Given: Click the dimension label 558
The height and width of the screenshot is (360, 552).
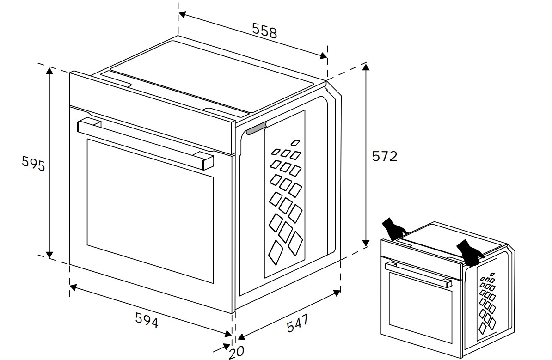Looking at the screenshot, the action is [264, 31].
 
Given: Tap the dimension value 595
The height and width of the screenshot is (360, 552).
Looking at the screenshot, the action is [33, 164].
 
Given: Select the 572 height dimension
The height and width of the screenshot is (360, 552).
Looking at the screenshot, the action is [385, 156].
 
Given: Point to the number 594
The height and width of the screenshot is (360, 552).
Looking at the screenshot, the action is [147, 320].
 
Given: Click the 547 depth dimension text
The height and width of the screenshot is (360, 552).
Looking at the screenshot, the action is [297, 323].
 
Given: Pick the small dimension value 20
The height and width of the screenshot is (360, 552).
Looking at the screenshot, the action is [237, 352].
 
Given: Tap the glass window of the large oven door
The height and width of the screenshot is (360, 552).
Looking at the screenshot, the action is [150, 210].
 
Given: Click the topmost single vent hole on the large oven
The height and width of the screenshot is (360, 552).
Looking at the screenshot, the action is [295, 142].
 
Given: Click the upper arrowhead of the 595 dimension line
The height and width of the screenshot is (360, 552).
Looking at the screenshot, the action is [49, 71].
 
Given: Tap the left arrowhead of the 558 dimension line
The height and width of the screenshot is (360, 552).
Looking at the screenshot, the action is [182, 14].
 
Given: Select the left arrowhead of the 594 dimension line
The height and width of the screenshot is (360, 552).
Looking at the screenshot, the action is [73, 287].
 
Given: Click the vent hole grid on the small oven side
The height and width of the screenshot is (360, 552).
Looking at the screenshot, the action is [488, 302].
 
